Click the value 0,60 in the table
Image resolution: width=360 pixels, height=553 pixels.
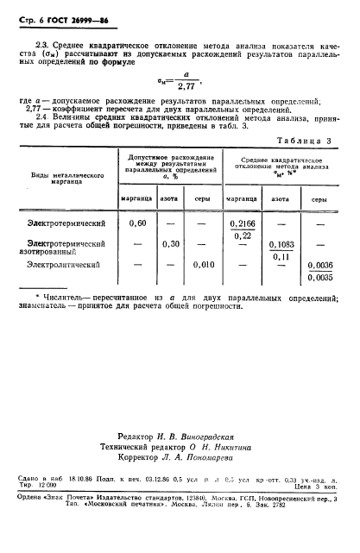(136, 223)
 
